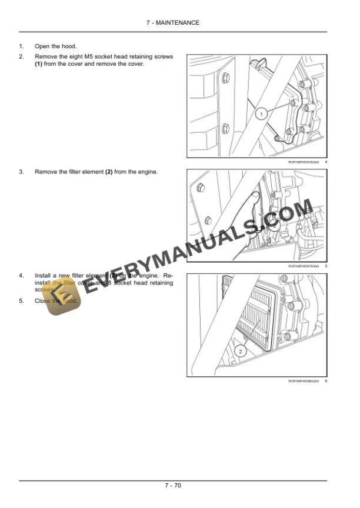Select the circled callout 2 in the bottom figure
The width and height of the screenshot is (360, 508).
point(240,350)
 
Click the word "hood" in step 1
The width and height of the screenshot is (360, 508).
point(68,46)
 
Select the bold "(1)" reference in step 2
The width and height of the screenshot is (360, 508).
point(39,64)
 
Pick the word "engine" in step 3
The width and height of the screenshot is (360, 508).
point(148,172)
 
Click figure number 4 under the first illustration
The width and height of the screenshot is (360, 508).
point(326,162)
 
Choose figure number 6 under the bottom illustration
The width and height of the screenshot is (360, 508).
point(326,382)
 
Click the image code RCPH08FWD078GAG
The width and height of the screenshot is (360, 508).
point(304,162)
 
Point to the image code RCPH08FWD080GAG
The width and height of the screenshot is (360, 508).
point(304,382)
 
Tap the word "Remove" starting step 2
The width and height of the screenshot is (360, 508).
point(46,57)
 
